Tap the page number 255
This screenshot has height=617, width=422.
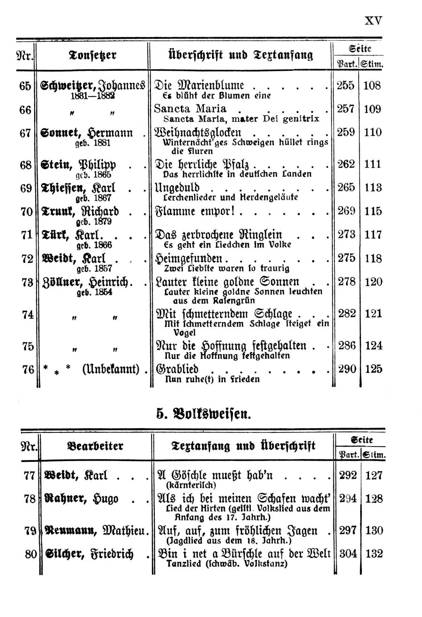coord(346,86)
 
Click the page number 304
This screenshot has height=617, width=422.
coord(347,554)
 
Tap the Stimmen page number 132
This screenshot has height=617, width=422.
coord(374,554)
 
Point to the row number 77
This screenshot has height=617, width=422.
coord(29,476)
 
